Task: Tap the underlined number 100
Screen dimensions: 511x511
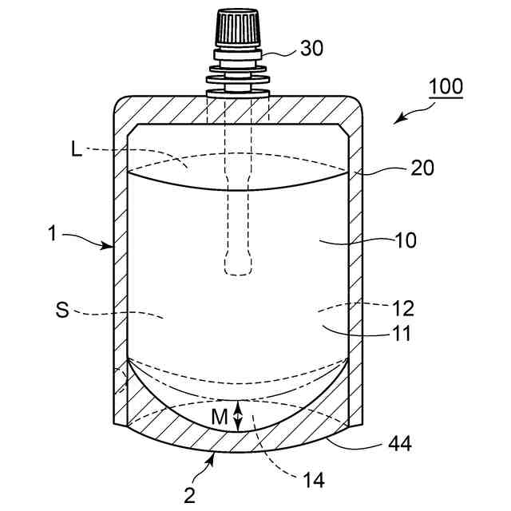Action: point(445,85)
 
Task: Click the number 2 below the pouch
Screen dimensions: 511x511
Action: point(190,495)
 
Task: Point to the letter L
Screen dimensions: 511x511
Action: point(76,149)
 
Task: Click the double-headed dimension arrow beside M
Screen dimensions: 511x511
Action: point(236,414)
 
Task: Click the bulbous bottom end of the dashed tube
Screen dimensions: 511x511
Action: point(238,264)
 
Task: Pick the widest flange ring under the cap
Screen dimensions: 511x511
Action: point(237,80)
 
